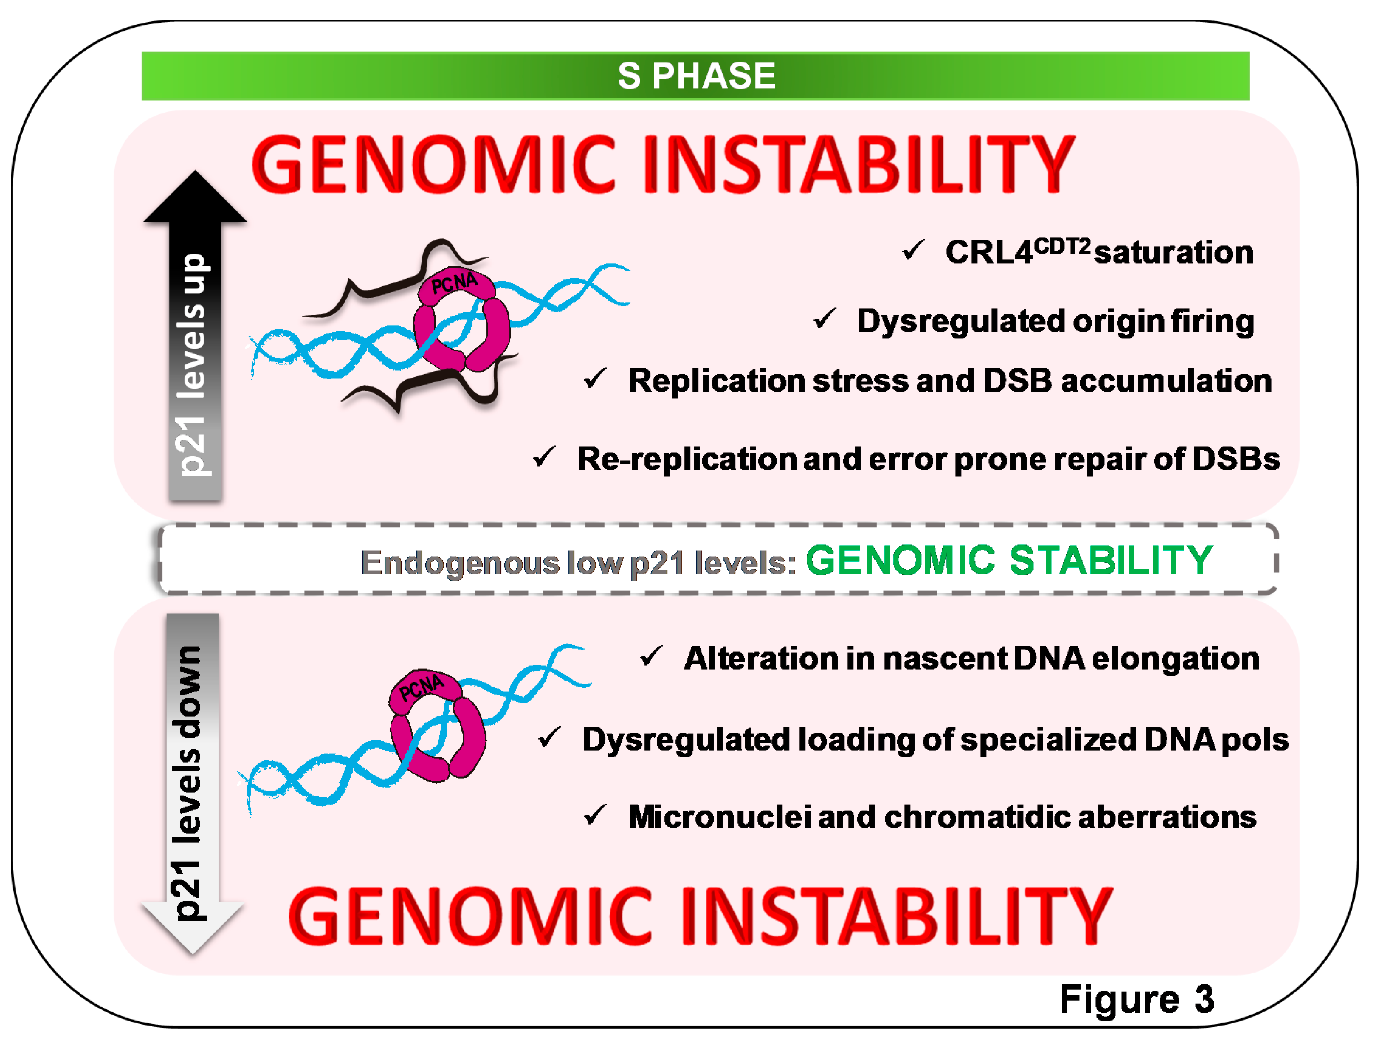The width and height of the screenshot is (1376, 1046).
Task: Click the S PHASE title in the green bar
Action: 696,76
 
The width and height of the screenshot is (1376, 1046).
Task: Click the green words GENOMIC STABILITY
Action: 1009,560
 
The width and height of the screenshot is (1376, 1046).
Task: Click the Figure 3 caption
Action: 1136,1000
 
